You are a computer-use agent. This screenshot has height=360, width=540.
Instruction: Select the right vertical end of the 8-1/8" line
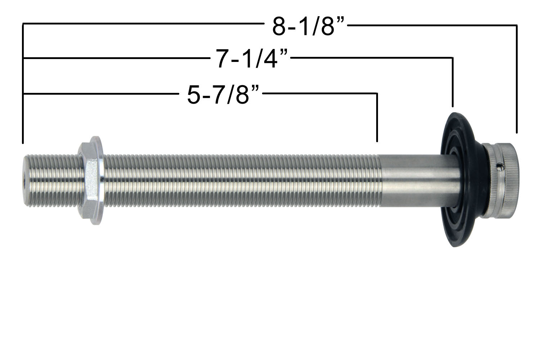point(517,79)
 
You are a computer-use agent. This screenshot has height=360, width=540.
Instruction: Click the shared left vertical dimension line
point(23,83)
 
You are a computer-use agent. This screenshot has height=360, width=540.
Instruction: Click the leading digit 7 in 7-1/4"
point(222,59)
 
